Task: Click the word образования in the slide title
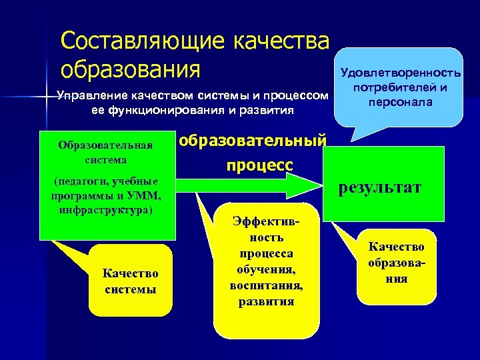[130, 69]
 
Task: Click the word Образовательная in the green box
[106, 145]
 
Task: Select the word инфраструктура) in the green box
[106, 209]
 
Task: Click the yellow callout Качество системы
[130, 281]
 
